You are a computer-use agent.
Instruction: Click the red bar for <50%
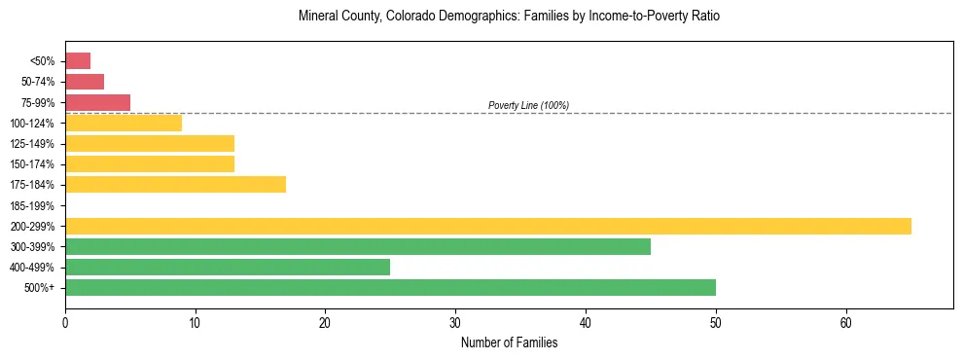point(78,61)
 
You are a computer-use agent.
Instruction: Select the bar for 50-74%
point(85,82)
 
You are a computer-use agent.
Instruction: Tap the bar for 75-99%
point(97,102)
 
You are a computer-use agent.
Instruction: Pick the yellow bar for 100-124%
point(124,123)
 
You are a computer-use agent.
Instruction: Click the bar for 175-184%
point(175,185)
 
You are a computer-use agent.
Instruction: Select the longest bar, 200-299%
point(487,226)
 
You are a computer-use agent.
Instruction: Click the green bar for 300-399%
point(357,246)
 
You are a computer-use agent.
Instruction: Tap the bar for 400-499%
point(227,267)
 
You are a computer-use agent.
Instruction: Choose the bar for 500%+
point(390,287)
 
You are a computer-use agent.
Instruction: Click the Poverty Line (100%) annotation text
point(528,105)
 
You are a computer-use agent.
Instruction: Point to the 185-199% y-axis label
point(32,205)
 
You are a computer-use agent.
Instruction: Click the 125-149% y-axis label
point(32,144)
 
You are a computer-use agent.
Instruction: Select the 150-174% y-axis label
point(32,164)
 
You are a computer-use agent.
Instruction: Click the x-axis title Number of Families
point(509,342)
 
